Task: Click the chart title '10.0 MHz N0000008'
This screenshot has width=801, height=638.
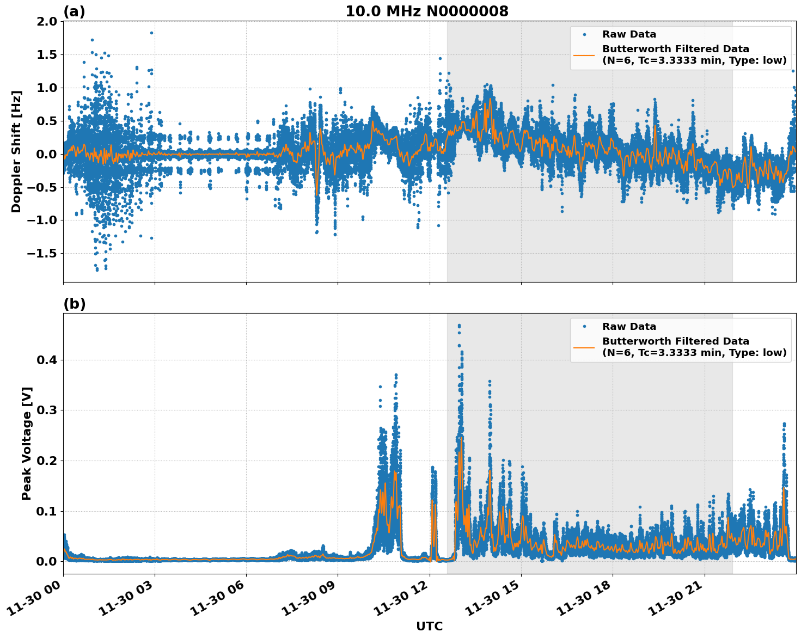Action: click(426, 11)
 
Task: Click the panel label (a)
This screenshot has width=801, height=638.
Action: click(74, 11)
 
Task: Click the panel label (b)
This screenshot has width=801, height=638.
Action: click(74, 304)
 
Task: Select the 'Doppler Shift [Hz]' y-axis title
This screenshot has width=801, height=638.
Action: click(16, 151)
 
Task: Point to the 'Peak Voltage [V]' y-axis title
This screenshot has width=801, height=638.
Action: click(26, 443)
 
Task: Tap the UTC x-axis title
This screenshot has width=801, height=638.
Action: click(429, 626)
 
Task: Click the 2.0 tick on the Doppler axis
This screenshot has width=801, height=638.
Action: click(46, 21)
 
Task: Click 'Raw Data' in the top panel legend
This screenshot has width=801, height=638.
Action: click(629, 34)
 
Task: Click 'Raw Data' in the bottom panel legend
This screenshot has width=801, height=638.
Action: click(629, 327)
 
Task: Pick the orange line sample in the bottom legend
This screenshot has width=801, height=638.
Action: click(584, 347)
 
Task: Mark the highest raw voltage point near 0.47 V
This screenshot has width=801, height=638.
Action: click(459, 326)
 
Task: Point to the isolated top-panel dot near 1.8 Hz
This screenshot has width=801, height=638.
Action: click(151, 33)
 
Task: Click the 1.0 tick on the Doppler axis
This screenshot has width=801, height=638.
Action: click(46, 88)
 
